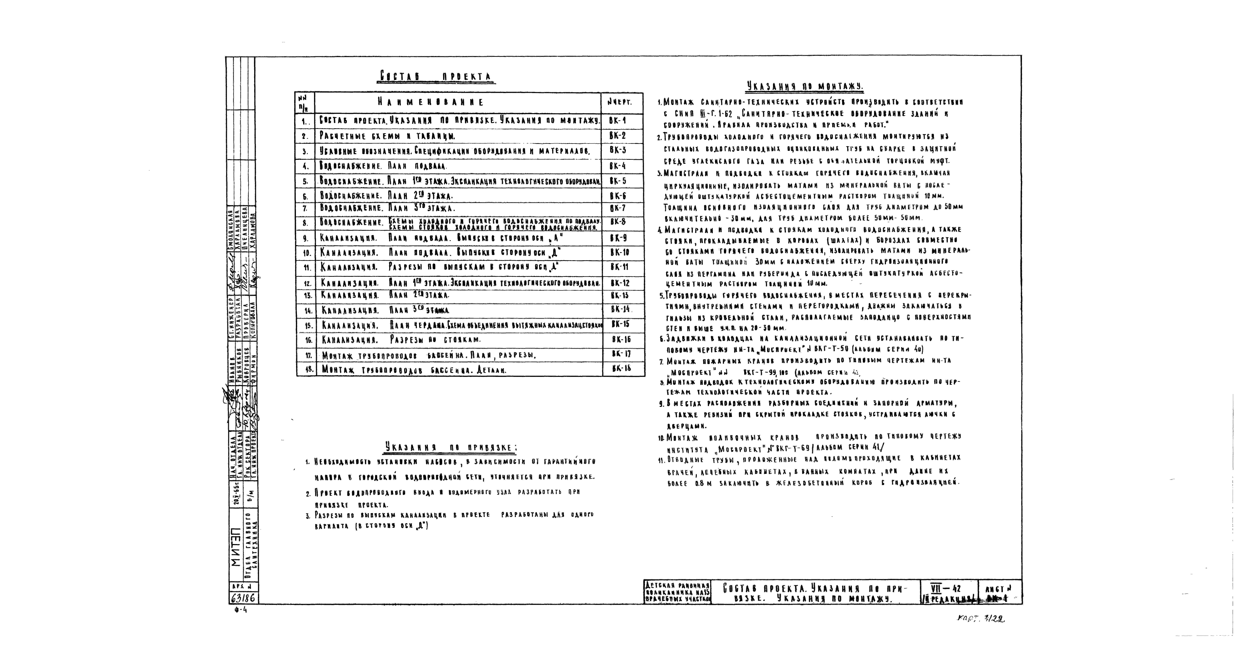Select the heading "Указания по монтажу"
pos(804,87)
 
